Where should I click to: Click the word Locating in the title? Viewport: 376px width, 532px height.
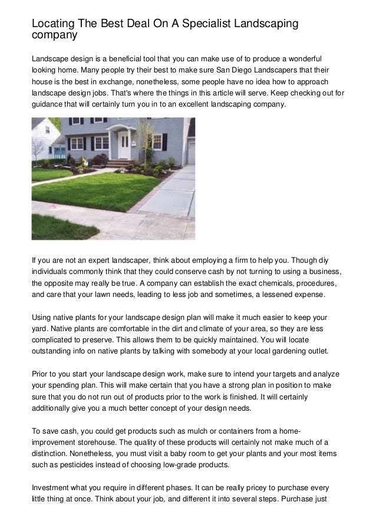click(x=52, y=24)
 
